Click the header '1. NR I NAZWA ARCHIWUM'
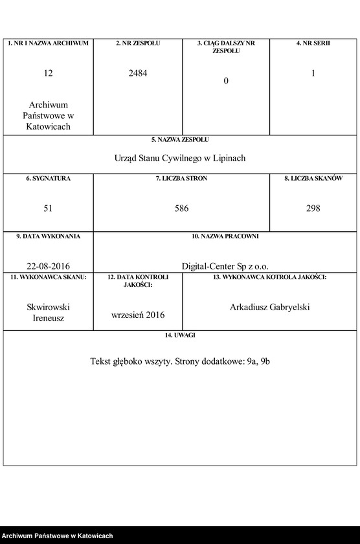point(48,43)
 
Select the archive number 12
point(49,73)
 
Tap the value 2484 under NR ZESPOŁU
point(138,73)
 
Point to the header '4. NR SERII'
point(313,43)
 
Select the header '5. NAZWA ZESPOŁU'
point(180,139)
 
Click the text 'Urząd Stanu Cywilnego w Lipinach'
point(180,158)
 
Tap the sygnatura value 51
point(48,209)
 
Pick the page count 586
point(181,209)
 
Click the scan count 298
point(313,209)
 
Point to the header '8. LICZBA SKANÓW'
point(313,178)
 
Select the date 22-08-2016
point(49,266)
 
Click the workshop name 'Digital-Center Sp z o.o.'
point(225,266)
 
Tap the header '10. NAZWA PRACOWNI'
point(225,236)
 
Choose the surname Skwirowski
point(48,307)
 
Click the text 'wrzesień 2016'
point(138,315)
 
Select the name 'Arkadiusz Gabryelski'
point(270,307)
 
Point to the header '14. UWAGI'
point(180,335)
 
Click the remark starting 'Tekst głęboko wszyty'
point(180,361)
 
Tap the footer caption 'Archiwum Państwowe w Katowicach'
point(57,536)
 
